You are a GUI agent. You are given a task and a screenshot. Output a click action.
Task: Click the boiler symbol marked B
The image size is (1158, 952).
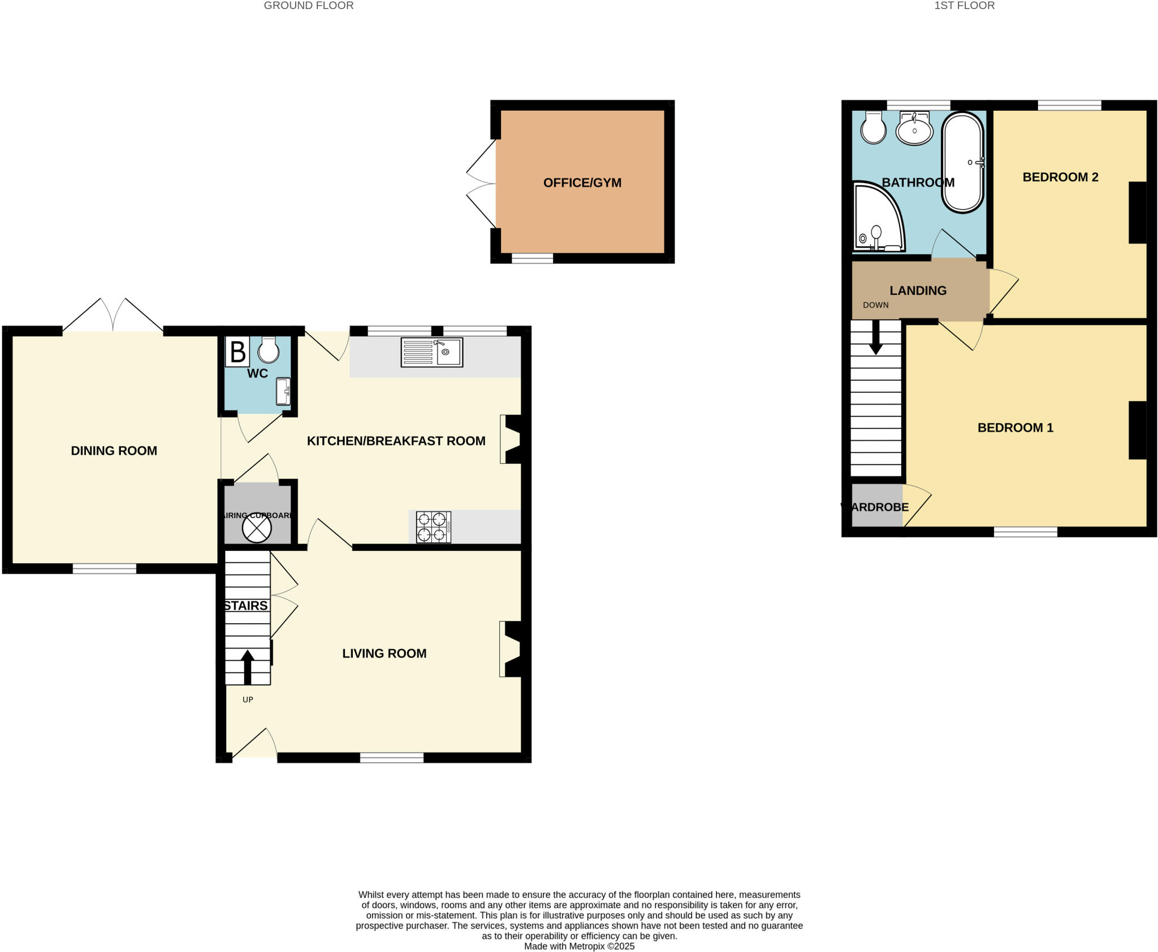point(237,351)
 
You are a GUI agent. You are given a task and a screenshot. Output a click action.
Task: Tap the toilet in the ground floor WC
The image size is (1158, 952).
point(269,350)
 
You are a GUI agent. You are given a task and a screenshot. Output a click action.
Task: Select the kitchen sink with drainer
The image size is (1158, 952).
point(432,352)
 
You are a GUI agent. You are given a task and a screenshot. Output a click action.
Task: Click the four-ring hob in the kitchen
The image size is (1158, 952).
point(433,527)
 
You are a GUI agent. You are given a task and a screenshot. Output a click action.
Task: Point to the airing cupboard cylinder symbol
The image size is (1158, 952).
point(257,528)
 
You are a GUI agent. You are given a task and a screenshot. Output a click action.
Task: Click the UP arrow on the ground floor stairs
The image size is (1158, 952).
point(247,667)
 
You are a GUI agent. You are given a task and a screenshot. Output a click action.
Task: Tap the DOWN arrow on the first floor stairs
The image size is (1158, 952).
point(875,338)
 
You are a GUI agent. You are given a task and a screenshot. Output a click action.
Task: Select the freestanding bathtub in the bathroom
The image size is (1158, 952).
point(962,163)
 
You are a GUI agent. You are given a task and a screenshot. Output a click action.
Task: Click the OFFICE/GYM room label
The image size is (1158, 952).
point(582,182)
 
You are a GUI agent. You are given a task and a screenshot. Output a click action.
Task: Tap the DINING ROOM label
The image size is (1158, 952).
point(114,451)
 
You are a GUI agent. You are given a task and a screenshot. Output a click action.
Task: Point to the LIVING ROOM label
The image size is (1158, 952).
point(384,653)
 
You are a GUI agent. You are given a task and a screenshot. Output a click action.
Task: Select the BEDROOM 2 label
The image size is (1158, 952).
point(1060,177)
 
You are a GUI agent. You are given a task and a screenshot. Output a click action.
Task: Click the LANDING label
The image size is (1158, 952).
point(918,290)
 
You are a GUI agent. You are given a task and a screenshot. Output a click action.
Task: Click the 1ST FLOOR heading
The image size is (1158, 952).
point(964,6)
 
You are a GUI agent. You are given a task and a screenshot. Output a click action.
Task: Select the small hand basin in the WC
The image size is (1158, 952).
point(283,392)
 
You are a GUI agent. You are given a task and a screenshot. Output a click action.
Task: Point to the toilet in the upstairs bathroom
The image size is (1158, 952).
point(873,128)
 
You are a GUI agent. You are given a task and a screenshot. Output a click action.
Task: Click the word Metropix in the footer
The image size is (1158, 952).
point(587,946)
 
